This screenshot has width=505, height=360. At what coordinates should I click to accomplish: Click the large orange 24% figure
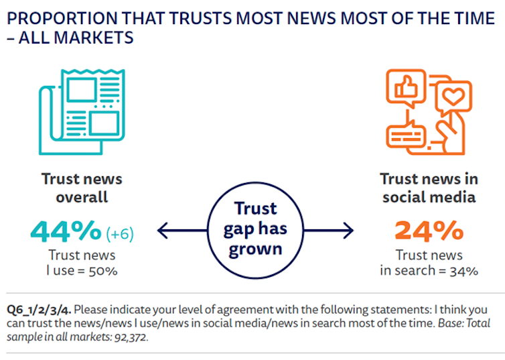click(x=429, y=231)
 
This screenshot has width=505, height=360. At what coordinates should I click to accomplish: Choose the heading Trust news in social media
click(x=429, y=188)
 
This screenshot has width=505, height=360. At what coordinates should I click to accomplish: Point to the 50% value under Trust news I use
click(x=104, y=271)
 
